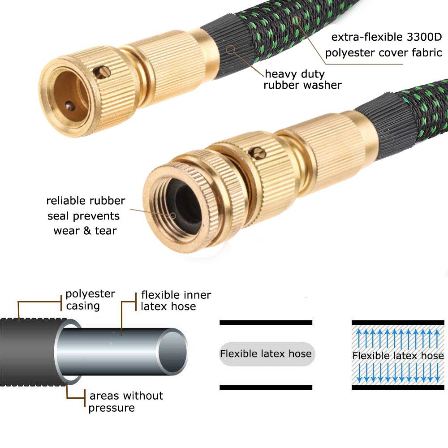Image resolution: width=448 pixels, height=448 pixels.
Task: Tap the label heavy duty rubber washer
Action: click(x=302, y=79)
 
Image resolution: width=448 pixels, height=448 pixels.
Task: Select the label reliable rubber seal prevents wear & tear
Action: click(x=86, y=215)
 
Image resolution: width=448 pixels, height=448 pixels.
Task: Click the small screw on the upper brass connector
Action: click(x=102, y=72)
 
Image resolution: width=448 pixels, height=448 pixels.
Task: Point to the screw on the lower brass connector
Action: click(x=258, y=153)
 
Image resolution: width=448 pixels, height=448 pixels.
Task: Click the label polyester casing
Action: click(x=90, y=299)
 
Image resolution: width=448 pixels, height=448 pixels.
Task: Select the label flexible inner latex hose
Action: click(x=176, y=301)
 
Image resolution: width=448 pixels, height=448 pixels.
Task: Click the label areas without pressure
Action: click(x=126, y=401)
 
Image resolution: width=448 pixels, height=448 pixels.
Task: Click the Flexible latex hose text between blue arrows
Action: click(x=398, y=355)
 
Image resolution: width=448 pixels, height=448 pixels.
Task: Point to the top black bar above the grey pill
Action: click(x=266, y=323)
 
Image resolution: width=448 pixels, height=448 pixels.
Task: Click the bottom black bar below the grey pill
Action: click(x=266, y=388)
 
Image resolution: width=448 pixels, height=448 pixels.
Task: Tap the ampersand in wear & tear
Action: click(x=87, y=231)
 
